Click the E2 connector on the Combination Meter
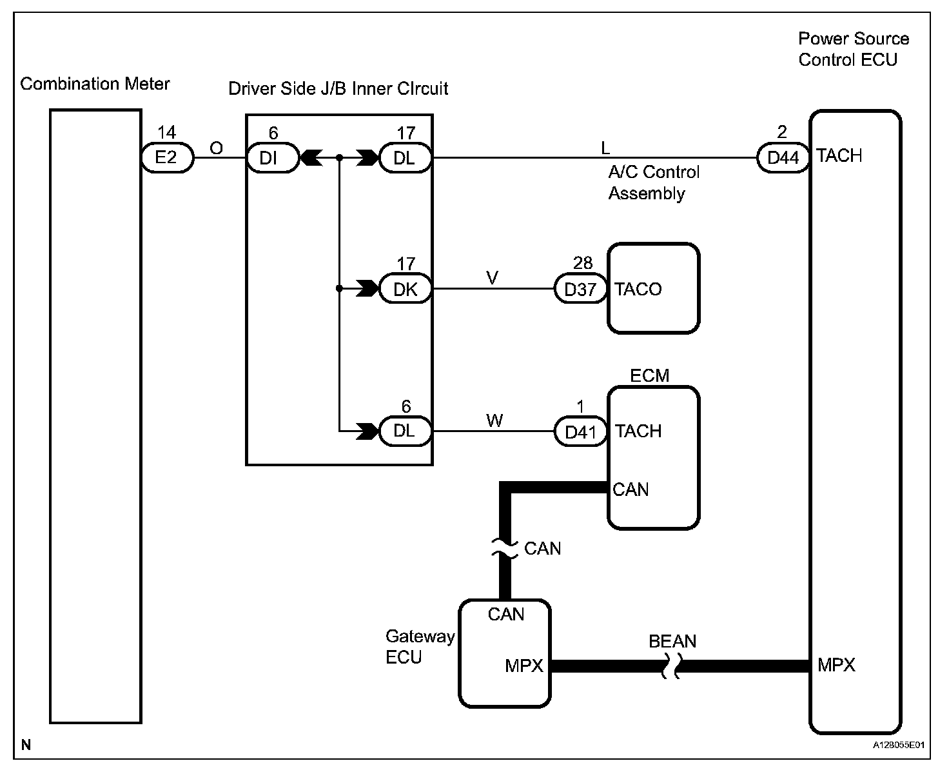click(166, 157)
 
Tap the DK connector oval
click(405, 290)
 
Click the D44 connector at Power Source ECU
click(783, 157)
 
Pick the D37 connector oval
click(580, 290)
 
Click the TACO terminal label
click(638, 290)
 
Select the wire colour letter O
click(217, 149)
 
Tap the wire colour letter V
click(492, 278)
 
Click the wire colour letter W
click(494, 421)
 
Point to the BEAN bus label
click(672, 642)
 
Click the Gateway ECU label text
click(420, 647)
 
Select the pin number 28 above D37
click(582, 263)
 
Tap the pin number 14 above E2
click(166, 133)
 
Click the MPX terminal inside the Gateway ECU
click(524, 666)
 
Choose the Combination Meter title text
click(95, 84)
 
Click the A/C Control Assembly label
click(653, 183)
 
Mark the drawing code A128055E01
click(899, 745)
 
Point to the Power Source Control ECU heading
click(853, 49)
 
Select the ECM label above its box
click(649, 375)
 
